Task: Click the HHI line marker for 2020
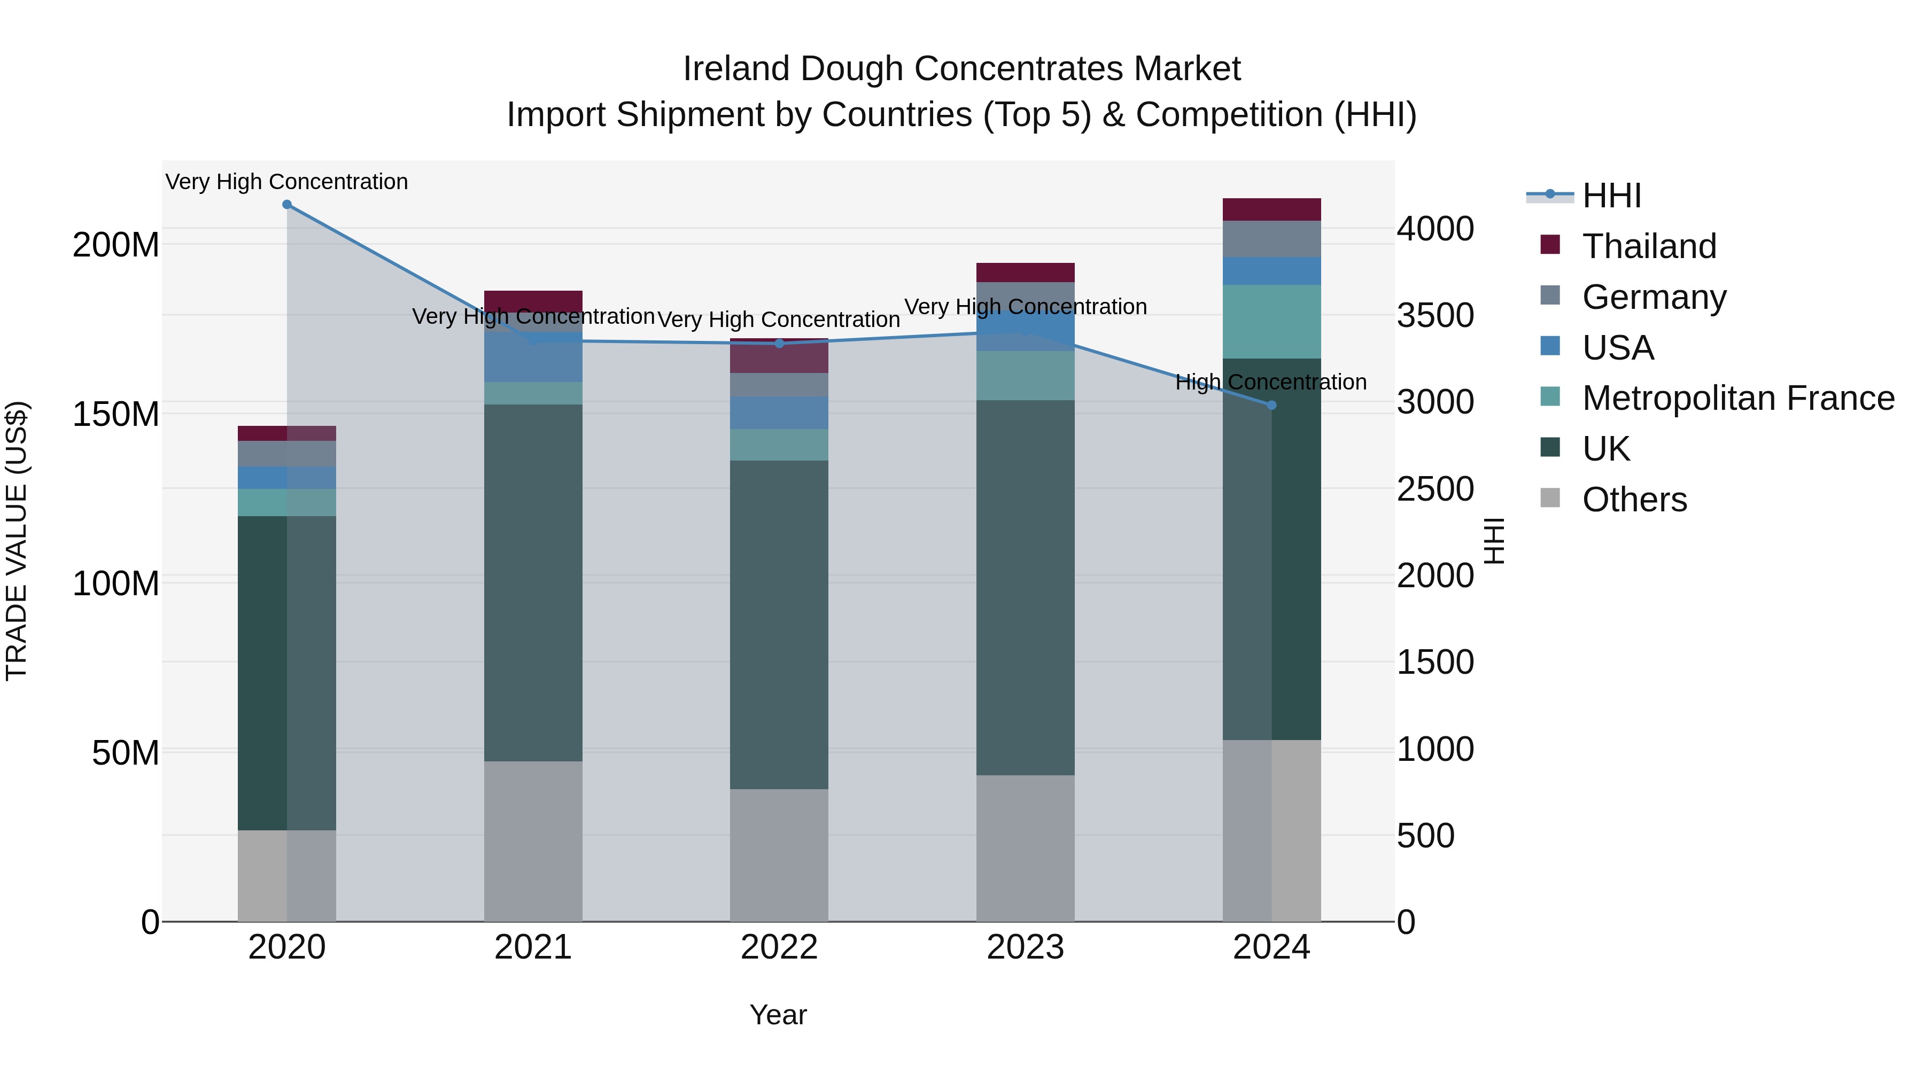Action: pyautogui.click(x=287, y=205)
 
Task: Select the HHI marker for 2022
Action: pyautogui.click(x=779, y=344)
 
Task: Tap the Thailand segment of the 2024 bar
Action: pyautogui.click(x=1272, y=210)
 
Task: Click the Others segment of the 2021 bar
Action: pyautogui.click(x=533, y=842)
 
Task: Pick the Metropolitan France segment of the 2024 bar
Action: pyautogui.click(x=1272, y=322)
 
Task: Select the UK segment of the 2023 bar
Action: pyautogui.click(x=1026, y=588)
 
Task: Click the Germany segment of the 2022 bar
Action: pyautogui.click(x=779, y=385)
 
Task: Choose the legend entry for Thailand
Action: pyautogui.click(x=1649, y=246)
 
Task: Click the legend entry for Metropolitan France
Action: pyautogui.click(x=1738, y=399)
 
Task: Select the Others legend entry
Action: pyautogui.click(x=1634, y=500)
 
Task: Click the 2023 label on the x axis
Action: pyautogui.click(x=1026, y=947)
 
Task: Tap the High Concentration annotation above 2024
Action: pyautogui.click(x=1270, y=383)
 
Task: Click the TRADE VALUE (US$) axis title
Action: pyautogui.click(x=17, y=541)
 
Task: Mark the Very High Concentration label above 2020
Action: pyautogui.click(x=287, y=182)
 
